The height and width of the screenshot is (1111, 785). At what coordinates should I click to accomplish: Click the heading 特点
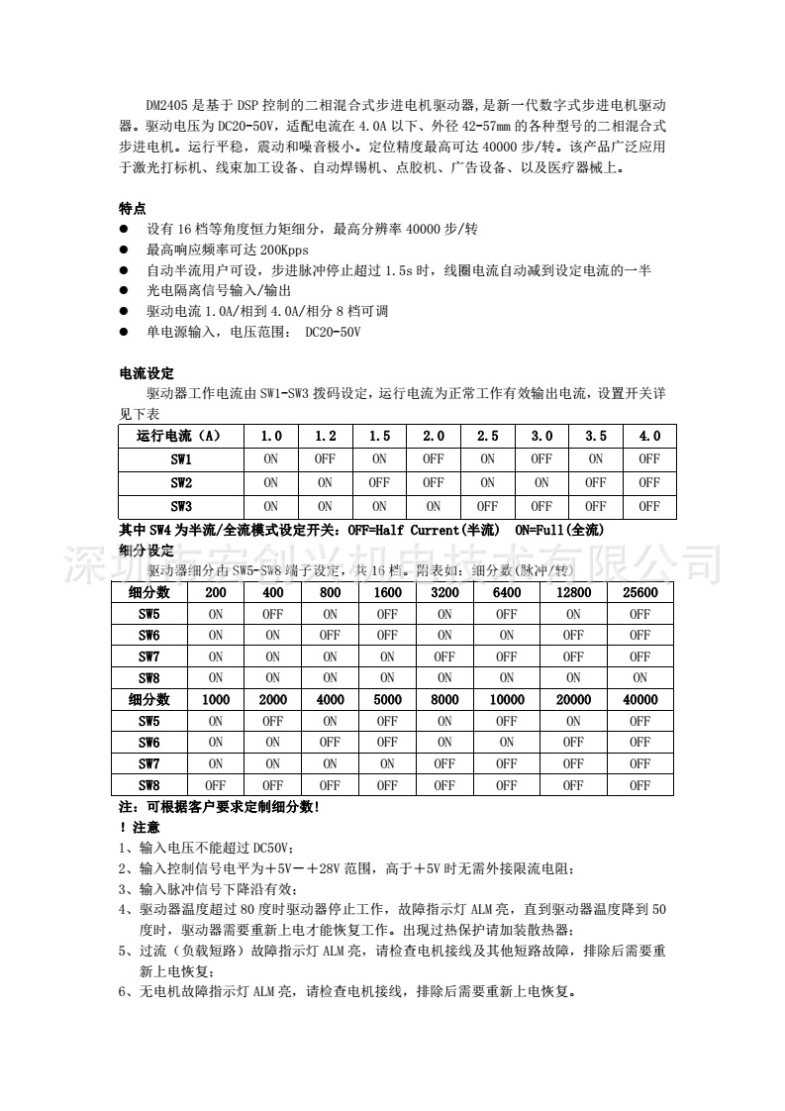133,208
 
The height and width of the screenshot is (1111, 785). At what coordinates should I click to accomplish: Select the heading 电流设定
147,373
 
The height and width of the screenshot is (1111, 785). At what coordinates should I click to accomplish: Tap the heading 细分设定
146,550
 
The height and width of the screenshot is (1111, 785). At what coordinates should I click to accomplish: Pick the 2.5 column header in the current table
487,437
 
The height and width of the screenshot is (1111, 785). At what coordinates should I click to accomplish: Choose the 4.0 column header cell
649,437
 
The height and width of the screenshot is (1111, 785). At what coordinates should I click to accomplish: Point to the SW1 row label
180,459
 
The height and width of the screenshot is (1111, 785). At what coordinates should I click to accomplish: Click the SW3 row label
180,506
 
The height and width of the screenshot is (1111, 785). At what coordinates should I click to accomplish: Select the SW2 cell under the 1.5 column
379,483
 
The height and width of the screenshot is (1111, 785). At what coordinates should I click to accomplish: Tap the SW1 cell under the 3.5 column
595,459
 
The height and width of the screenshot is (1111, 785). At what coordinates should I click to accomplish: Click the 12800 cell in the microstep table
573,592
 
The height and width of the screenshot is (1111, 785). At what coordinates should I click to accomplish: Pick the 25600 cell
639,592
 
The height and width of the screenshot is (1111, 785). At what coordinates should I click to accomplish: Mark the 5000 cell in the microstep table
387,700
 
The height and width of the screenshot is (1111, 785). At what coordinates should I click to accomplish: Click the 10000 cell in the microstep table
507,700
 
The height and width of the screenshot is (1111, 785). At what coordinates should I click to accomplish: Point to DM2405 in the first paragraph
165,104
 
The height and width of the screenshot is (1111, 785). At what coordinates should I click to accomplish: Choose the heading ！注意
139,826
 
